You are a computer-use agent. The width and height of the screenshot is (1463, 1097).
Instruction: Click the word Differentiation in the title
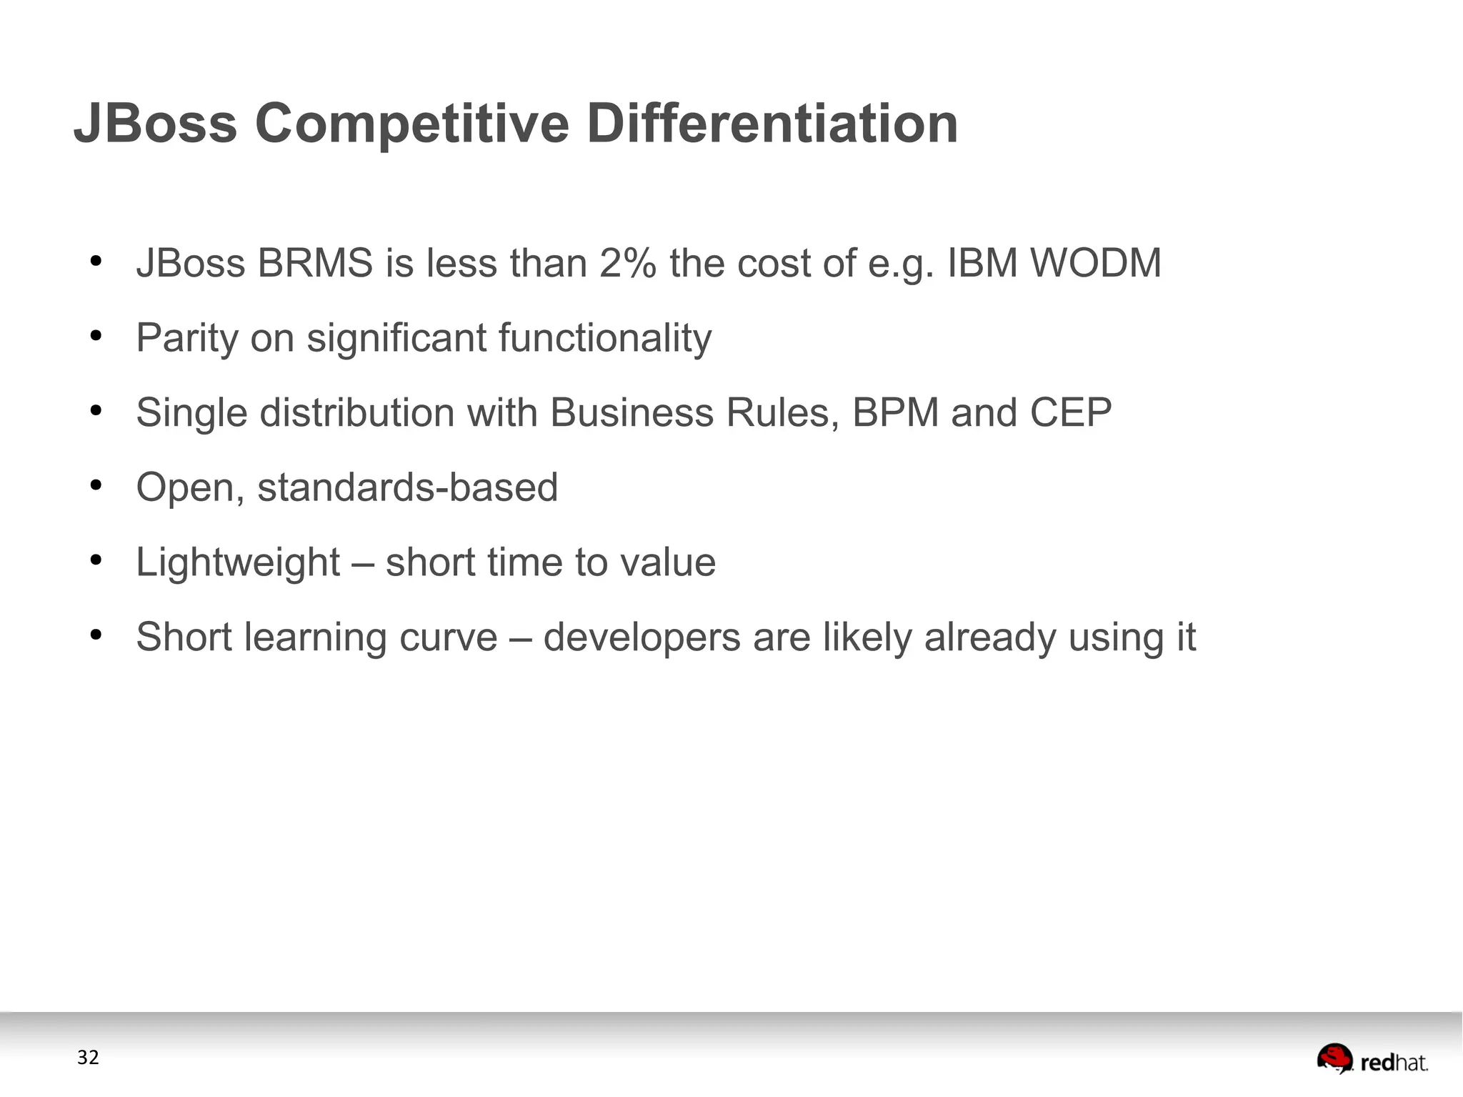pyautogui.click(x=772, y=123)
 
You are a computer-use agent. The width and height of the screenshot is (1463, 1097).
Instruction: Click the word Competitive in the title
pyautogui.click(x=411, y=124)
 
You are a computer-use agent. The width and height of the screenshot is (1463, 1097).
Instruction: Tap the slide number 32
pyautogui.click(x=88, y=1058)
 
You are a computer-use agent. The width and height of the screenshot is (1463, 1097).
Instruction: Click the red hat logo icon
pyautogui.click(x=1334, y=1058)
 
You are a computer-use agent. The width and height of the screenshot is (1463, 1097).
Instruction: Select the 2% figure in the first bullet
pyautogui.click(x=627, y=263)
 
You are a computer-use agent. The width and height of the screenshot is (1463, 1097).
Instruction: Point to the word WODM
pyautogui.click(x=1095, y=263)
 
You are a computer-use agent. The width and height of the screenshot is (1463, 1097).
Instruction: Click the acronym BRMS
pyautogui.click(x=314, y=263)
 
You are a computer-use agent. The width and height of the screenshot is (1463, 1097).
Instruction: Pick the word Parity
pyautogui.click(x=186, y=338)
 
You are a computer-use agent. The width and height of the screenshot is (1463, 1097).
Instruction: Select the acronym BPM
pyautogui.click(x=895, y=412)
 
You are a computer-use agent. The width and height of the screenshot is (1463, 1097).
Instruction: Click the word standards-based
pyautogui.click(x=407, y=487)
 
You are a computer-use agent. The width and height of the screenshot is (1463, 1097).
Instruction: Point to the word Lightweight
pyautogui.click(x=238, y=562)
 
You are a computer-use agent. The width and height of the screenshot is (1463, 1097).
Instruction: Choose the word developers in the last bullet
pyautogui.click(x=641, y=637)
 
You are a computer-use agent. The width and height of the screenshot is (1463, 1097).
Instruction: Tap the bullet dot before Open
pyautogui.click(x=96, y=486)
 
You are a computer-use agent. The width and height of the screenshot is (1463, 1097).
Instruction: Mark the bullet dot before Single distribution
pyautogui.click(x=96, y=411)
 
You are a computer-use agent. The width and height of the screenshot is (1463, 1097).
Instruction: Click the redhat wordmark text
pyautogui.click(x=1394, y=1063)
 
